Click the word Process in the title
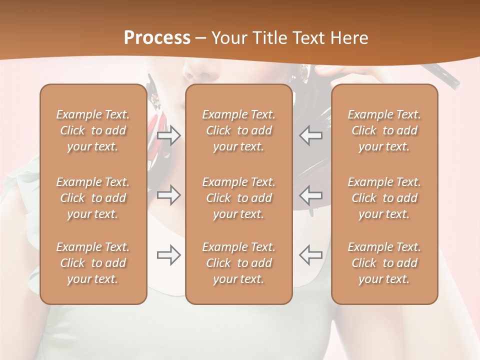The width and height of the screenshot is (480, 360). coord(157,38)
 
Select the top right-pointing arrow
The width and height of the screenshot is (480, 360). coord(169,135)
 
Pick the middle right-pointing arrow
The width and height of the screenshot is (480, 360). coord(169,195)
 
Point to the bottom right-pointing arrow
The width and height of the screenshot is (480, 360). coord(169,255)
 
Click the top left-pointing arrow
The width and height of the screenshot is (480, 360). coord(310,135)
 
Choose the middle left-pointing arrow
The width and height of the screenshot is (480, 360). coord(310,195)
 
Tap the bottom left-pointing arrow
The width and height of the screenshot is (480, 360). coord(310,255)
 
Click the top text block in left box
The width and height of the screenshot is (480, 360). coord(93,130)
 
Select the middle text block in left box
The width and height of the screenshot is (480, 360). coord(93,198)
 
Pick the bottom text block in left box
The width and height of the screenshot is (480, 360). coord(93,263)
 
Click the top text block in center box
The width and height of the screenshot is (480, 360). coord(238,130)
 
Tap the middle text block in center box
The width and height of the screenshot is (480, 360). coord(238,198)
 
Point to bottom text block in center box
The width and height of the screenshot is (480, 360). coord(238,263)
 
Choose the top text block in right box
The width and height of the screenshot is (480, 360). coord(384,130)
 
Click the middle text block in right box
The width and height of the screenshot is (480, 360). coord(384,198)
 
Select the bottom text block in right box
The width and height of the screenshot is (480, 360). coord(384,263)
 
